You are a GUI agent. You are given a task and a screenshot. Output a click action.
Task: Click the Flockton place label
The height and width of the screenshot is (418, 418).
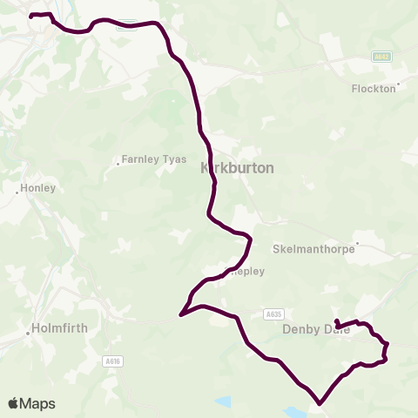click(x=373, y=88)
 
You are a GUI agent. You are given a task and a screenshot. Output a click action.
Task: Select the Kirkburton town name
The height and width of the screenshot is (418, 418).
click(x=238, y=168)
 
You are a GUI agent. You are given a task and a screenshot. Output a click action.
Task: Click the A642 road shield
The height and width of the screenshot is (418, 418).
click(x=381, y=57)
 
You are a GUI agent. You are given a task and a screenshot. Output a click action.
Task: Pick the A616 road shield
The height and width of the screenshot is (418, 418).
click(x=111, y=361)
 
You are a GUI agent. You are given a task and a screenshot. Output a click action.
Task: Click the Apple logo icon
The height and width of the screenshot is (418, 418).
click(x=14, y=403)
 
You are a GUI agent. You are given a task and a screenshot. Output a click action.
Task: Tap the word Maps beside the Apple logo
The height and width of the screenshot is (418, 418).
click(x=38, y=403)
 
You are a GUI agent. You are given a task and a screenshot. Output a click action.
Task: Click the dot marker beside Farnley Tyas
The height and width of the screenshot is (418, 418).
click(x=118, y=162)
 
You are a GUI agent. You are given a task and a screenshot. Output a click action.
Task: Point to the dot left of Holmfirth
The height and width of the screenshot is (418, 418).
click(x=28, y=332)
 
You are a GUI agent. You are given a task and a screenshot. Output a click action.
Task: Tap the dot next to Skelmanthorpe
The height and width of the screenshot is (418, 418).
click(x=357, y=244)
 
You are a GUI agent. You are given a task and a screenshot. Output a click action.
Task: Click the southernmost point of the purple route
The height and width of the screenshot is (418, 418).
click(x=320, y=403)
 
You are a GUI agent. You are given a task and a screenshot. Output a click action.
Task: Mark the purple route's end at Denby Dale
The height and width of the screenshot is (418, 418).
click(x=336, y=321)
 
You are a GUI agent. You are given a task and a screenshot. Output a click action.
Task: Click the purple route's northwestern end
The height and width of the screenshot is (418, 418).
click(x=31, y=16)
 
